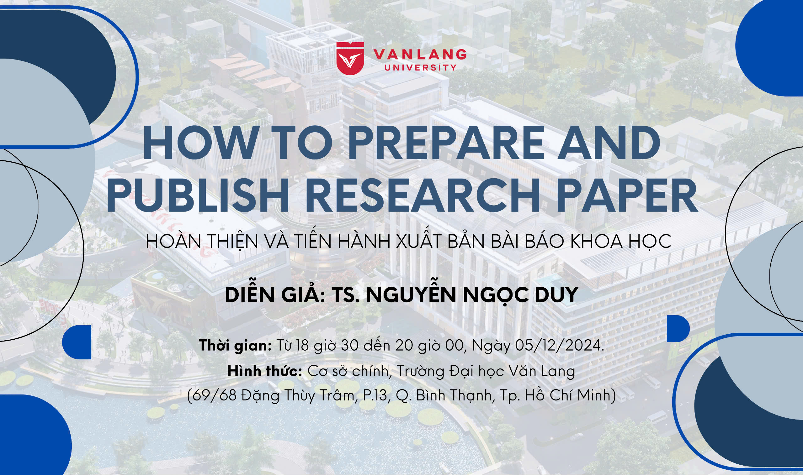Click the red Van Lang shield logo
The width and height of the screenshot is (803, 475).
click(350, 59)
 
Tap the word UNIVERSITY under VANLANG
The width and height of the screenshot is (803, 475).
click(420, 68)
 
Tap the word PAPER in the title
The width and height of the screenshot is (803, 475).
click(627, 195)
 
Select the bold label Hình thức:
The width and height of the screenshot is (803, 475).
click(265, 371)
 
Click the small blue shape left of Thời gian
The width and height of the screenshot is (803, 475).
click(77, 342)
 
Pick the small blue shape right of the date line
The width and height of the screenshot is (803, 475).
click(678, 329)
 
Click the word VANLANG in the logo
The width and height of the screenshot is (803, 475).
click(420, 55)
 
